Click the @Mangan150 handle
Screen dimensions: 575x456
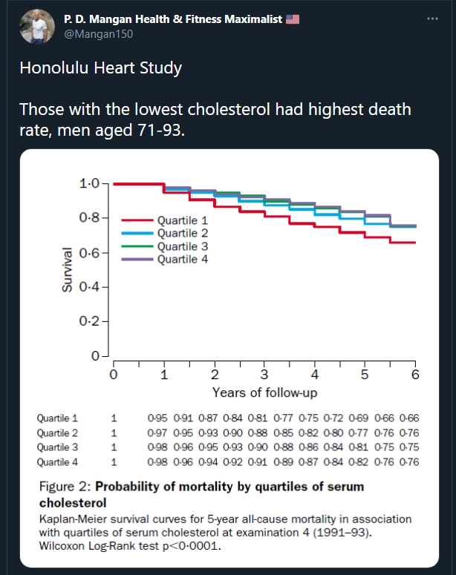92,33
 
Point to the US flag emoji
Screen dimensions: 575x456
292,19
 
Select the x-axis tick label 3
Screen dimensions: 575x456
264,375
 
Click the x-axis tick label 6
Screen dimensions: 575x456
415,375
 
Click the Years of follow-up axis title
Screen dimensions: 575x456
264,392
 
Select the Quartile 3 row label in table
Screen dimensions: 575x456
57,447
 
